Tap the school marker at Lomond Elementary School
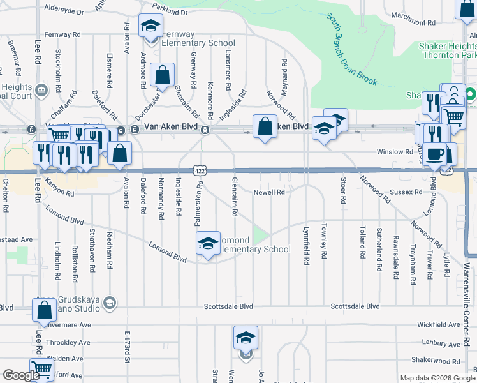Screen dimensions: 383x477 (x=207, y=243)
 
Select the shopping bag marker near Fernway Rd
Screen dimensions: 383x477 (x=163, y=75)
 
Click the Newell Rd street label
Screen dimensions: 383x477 (x=270, y=191)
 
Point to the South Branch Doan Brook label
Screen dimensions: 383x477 (x=352, y=50)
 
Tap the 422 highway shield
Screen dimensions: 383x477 (x=200, y=170)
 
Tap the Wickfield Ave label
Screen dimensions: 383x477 (x=441, y=325)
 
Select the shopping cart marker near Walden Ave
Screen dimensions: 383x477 (x=41, y=368)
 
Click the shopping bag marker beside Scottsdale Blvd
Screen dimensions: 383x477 (x=44, y=312)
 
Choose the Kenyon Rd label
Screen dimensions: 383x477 (x=59, y=190)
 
